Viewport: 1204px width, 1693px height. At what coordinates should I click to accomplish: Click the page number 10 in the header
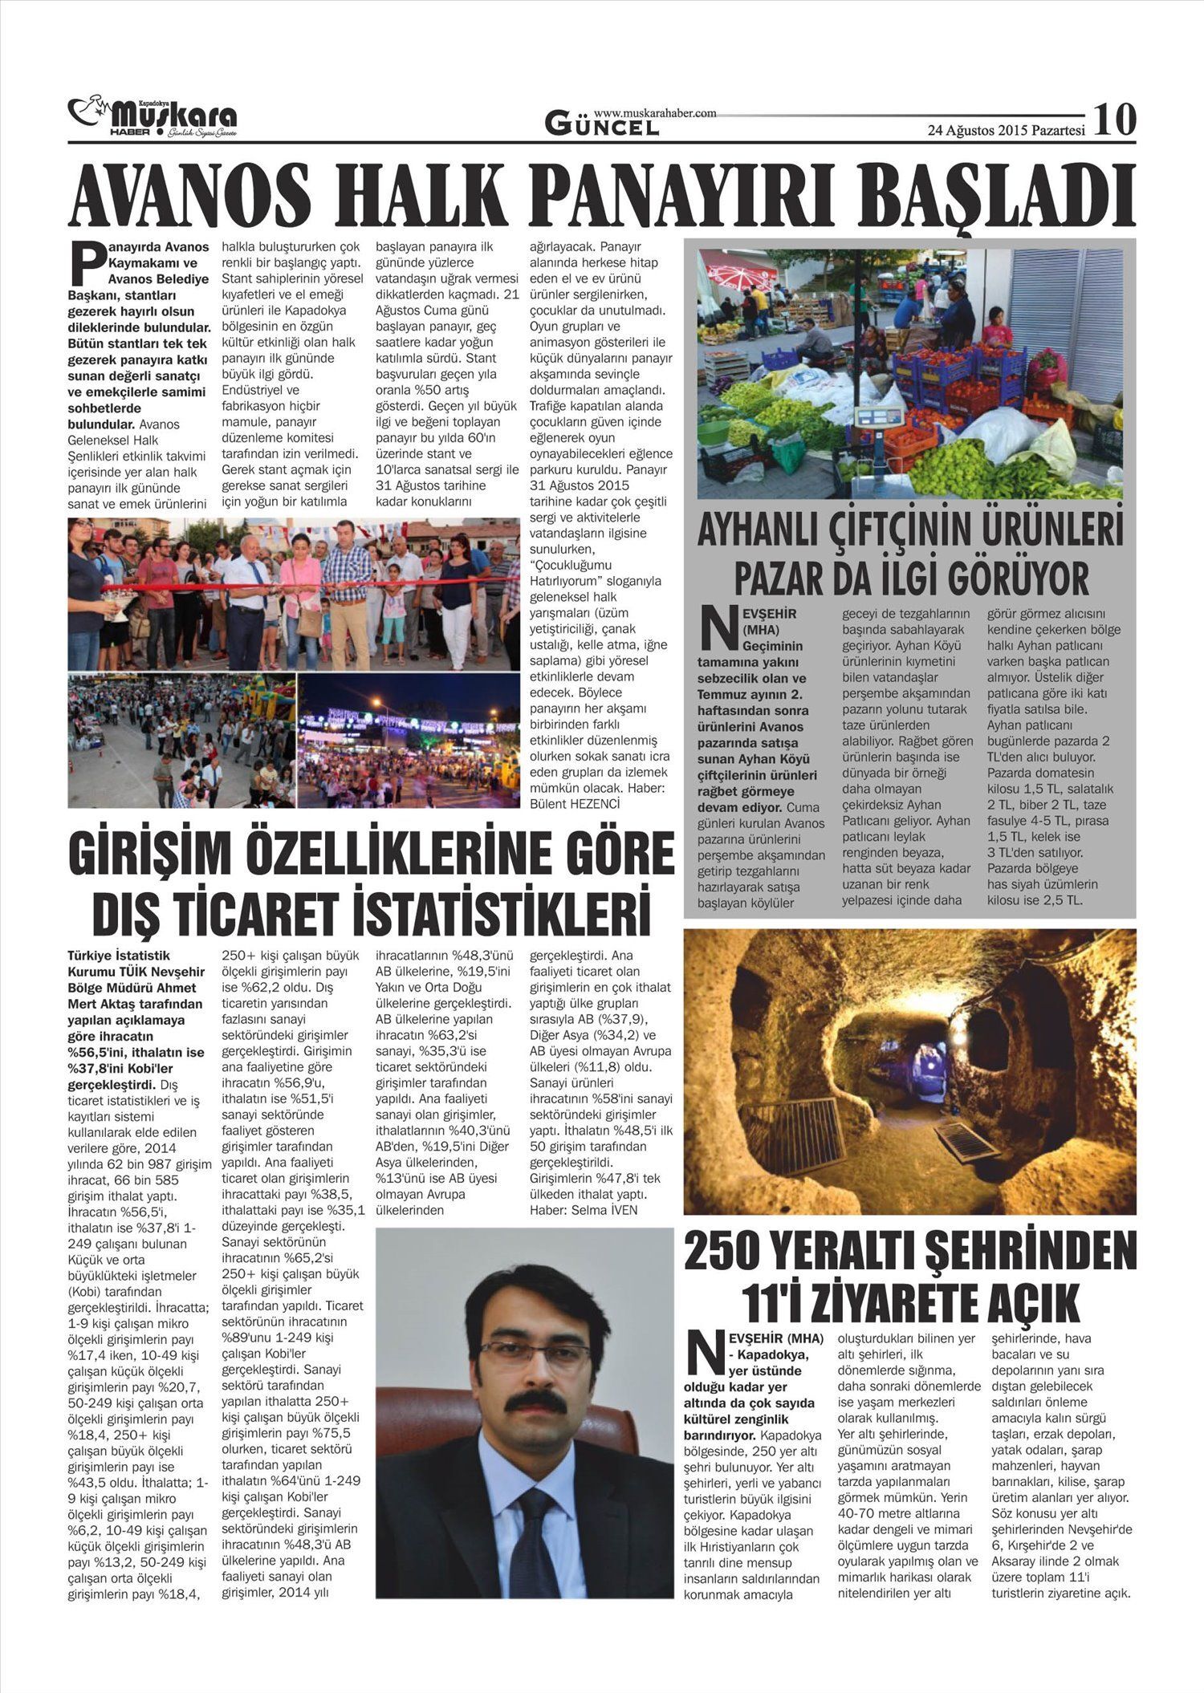pos(1115,120)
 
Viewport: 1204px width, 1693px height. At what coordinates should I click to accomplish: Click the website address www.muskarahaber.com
pos(655,114)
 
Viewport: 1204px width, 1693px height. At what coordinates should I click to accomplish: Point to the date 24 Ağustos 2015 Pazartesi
pos(1006,130)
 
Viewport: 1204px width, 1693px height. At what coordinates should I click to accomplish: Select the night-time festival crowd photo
pos(408,739)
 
